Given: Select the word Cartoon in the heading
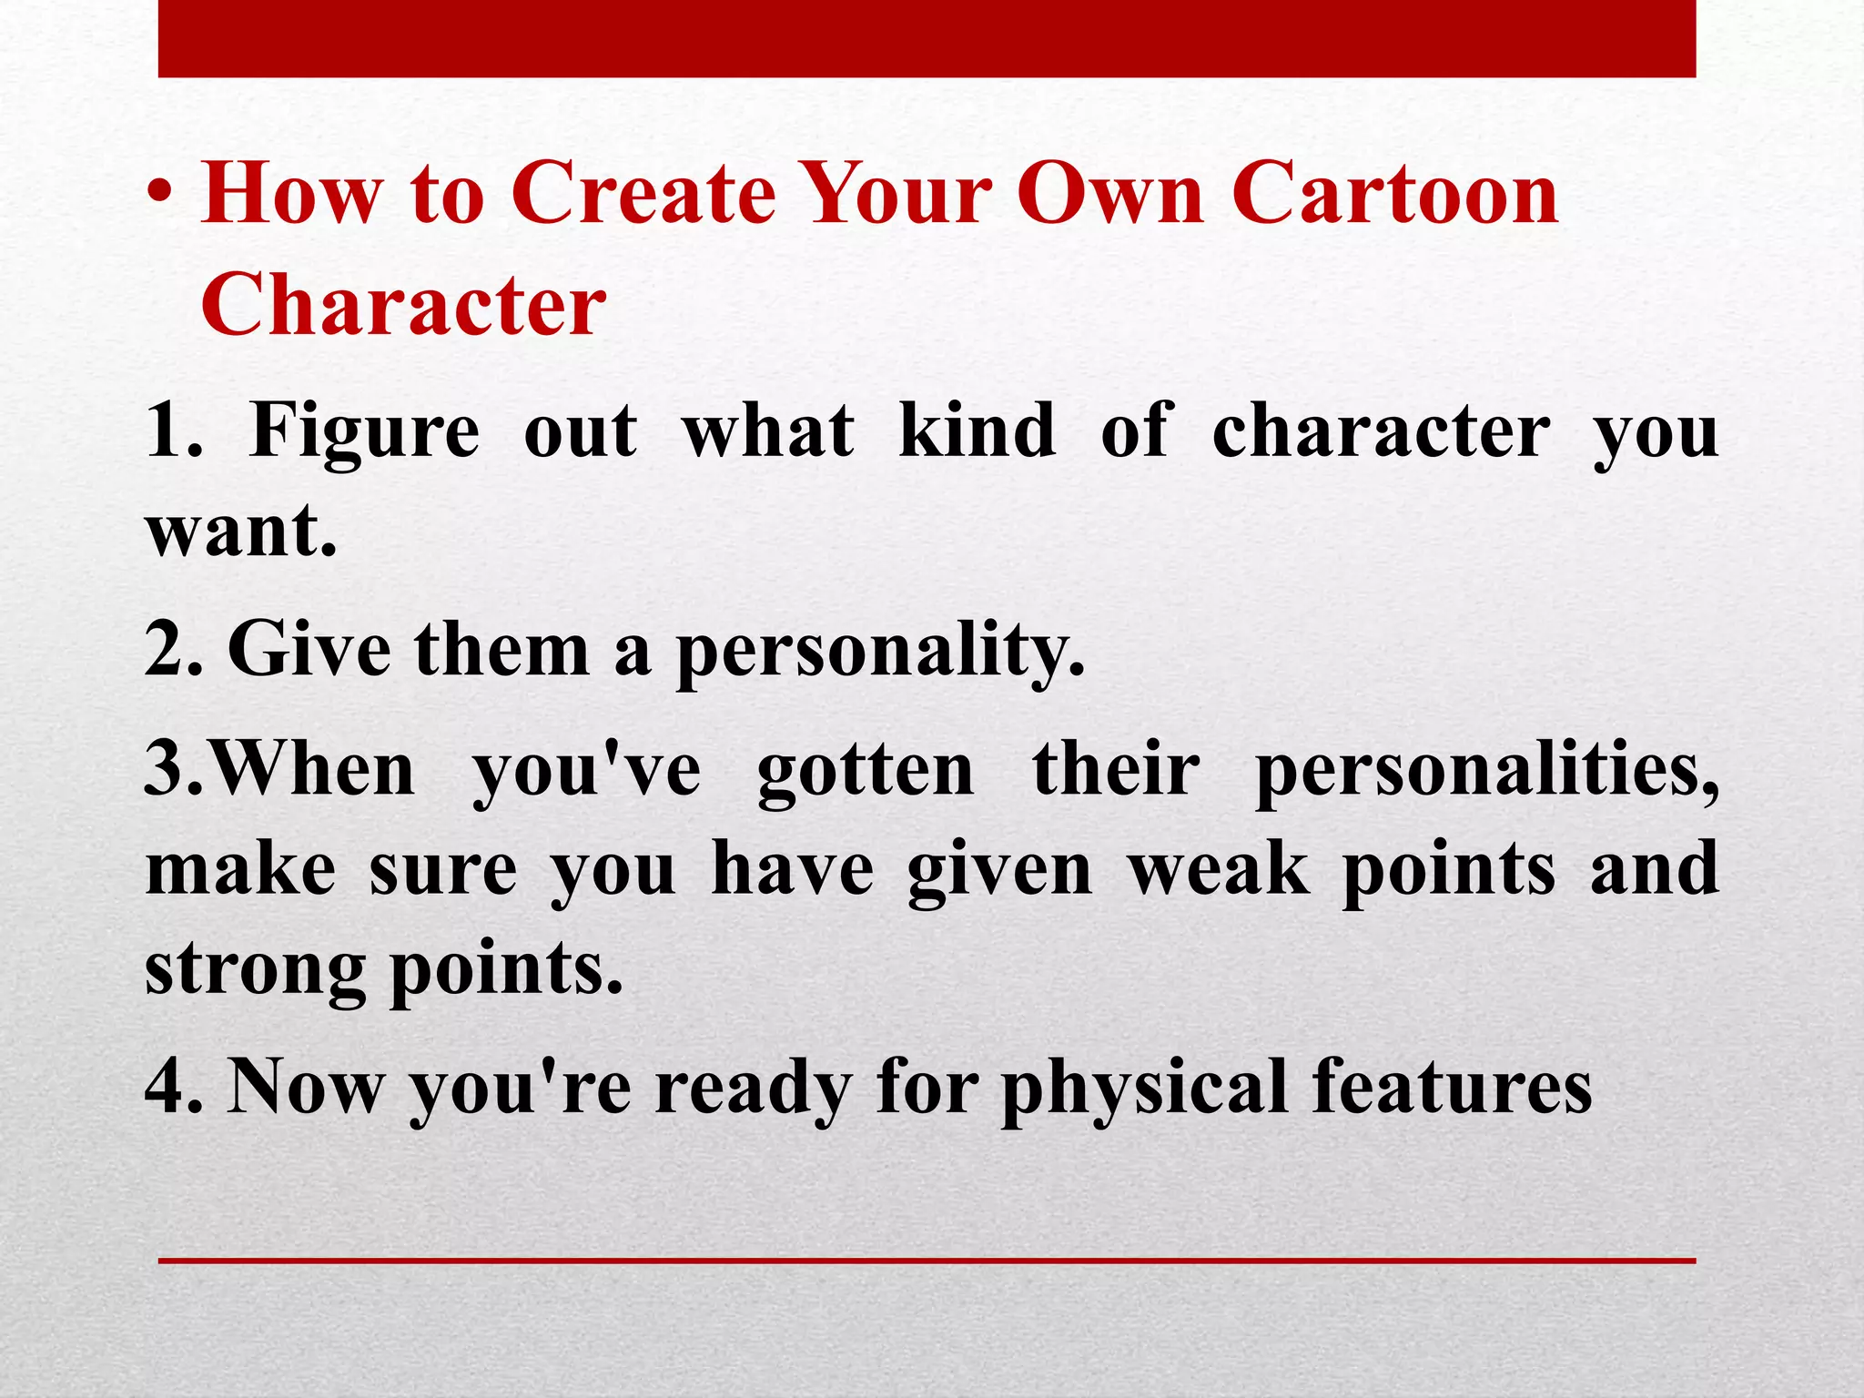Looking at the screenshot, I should (x=1395, y=194).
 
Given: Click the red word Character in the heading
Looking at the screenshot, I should (x=403, y=303).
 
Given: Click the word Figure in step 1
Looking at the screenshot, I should (x=364, y=431).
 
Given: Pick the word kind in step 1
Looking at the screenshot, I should (x=977, y=430).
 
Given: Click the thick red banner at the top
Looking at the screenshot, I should (x=927, y=38).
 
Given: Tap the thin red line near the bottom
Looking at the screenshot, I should (x=927, y=1261).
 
